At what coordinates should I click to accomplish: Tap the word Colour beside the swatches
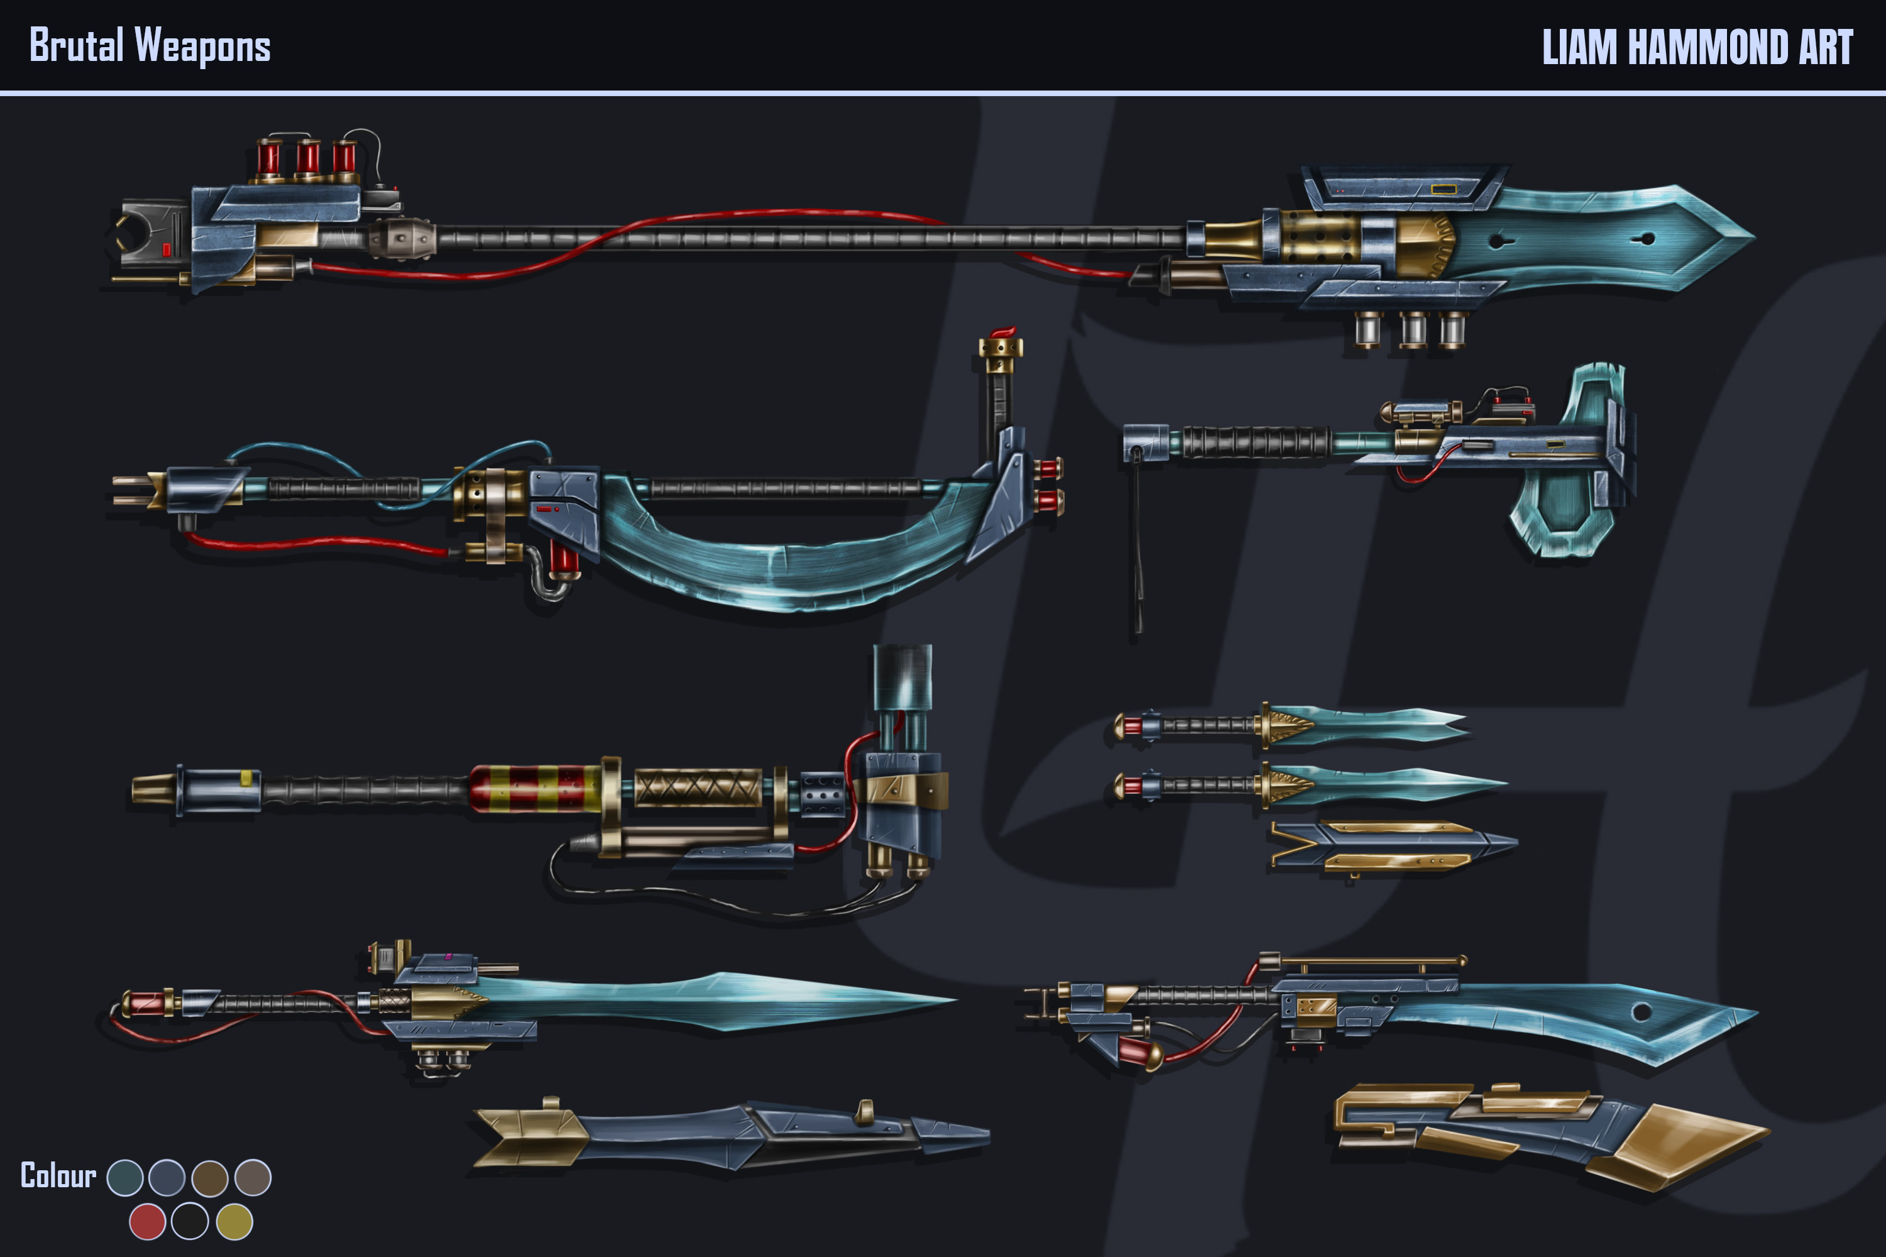coord(58,1176)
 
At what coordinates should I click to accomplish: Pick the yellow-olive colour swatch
coord(234,1222)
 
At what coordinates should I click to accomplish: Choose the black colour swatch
coord(190,1222)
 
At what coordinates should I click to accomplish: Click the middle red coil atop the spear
coord(308,157)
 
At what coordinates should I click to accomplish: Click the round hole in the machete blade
coord(1641,1012)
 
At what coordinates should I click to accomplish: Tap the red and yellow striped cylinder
coord(535,789)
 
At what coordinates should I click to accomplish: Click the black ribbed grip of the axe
coord(1255,442)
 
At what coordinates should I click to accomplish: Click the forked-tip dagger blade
coord(1379,724)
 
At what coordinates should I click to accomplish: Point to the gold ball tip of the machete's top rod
coord(1463,960)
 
